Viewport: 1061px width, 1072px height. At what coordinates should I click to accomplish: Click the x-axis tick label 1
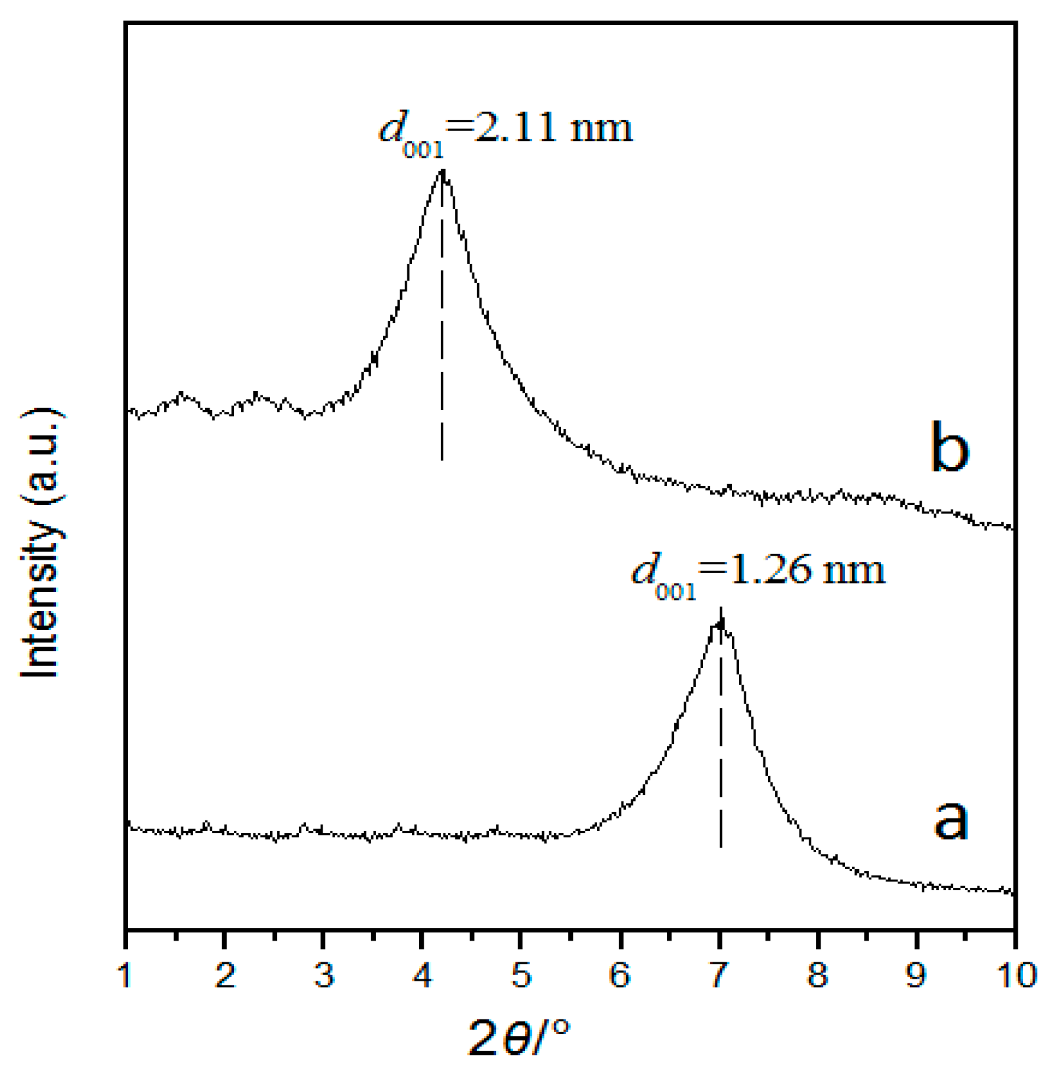125,976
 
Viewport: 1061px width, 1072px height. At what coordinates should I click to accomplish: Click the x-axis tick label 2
225,976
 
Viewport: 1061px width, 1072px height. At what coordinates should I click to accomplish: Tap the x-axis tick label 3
324,976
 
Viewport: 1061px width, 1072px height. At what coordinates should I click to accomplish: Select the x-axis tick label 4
422,976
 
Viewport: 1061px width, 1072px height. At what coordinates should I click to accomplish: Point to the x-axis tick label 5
521,976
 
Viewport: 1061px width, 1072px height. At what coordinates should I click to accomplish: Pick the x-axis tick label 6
620,976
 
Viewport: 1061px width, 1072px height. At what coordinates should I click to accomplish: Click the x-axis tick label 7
719,976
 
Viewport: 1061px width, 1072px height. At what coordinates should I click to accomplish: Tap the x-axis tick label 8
818,976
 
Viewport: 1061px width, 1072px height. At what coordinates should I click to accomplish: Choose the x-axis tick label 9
916,976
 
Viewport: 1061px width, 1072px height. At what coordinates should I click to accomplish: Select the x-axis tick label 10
1016,976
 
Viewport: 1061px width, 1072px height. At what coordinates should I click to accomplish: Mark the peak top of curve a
721,621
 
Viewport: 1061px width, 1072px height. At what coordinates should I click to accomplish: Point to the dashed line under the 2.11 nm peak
441,328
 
